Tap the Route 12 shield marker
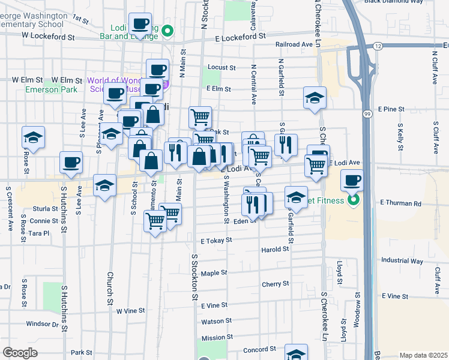pos(378,46)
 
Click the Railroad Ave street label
pos(294,44)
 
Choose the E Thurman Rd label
pos(401,203)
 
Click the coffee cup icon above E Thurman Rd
pos(352,179)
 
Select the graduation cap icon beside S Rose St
pos(34,137)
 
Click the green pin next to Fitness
pos(354,200)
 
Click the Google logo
pos(20,353)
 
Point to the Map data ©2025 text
pos(423,355)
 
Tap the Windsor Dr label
pos(43,324)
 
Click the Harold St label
pos(275,250)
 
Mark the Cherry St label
pos(276,283)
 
